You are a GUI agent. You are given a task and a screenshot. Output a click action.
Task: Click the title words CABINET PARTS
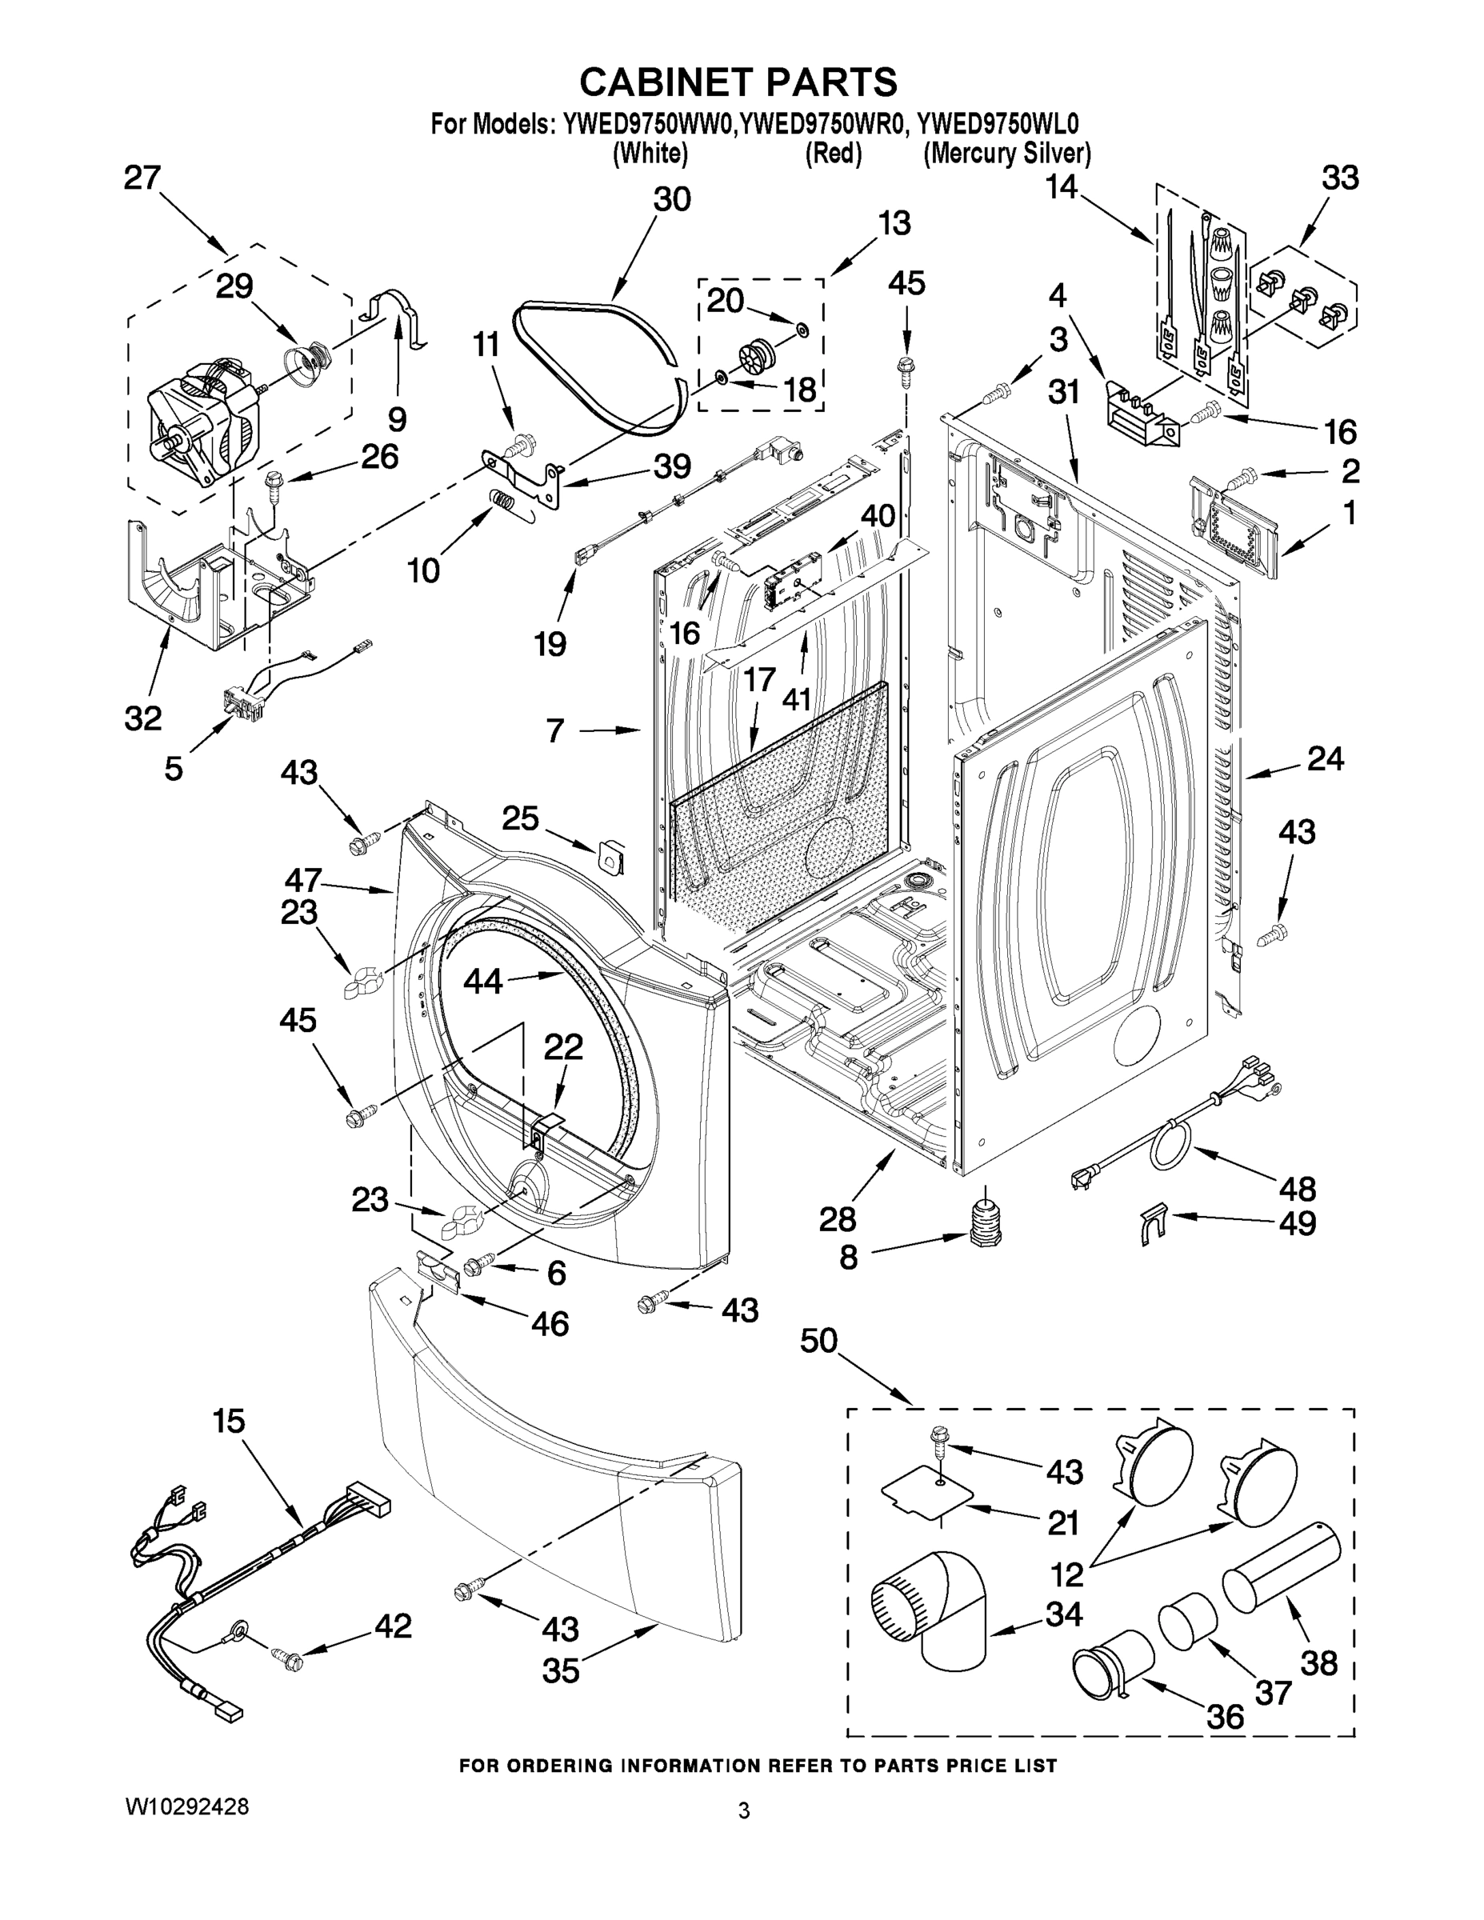(738, 82)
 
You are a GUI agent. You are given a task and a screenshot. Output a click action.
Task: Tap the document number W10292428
(186, 1807)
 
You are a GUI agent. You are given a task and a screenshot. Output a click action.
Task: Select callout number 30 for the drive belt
(672, 199)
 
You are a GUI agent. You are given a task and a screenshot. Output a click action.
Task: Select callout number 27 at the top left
(142, 178)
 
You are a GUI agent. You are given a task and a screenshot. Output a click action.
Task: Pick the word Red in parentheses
(833, 154)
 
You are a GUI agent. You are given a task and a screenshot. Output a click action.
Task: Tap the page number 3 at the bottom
(744, 1811)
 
